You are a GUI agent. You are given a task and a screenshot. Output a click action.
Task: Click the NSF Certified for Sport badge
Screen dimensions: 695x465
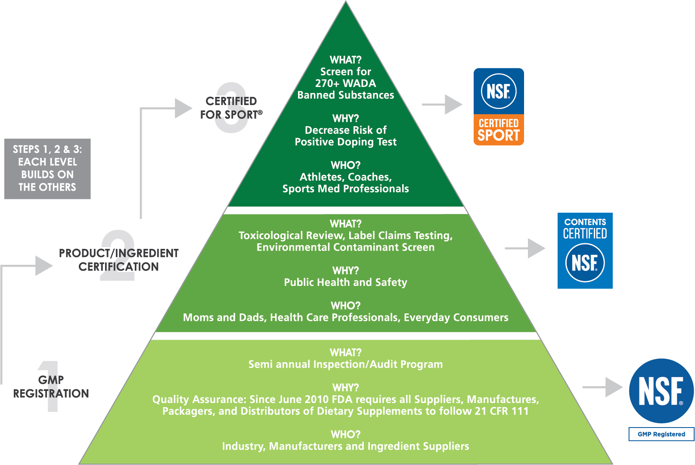(499, 107)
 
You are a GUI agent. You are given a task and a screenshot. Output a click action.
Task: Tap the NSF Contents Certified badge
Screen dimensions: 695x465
(585, 251)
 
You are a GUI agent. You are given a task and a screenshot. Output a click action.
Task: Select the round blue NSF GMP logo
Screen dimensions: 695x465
(661, 391)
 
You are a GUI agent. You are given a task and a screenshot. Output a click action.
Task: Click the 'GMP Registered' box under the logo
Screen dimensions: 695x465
(661, 434)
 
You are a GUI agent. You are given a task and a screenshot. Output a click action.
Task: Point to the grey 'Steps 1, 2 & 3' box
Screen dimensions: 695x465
(47, 169)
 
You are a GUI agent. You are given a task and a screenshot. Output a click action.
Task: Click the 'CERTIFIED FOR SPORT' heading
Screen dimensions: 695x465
(231, 108)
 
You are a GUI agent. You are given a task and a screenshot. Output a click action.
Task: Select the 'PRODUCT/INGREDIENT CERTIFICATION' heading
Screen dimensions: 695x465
(118, 260)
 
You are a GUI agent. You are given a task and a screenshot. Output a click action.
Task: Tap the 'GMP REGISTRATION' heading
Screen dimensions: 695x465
(51, 387)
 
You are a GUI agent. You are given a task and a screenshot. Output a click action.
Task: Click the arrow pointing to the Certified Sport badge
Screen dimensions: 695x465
(442, 105)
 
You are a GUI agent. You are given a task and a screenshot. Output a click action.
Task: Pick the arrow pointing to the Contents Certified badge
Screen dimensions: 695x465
(525, 248)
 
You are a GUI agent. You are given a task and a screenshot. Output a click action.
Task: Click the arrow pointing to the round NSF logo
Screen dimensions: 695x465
(602, 387)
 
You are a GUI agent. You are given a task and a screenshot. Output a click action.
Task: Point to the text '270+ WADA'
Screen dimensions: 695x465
(346, 84)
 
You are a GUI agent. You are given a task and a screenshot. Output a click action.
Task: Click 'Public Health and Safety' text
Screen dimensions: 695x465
(346, 282)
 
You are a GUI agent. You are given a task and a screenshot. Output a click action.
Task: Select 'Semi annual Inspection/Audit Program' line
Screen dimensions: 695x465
(346, 364)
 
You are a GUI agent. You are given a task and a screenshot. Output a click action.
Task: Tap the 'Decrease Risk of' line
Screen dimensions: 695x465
(346, 130)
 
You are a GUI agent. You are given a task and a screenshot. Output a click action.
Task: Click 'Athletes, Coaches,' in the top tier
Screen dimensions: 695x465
(346, 177)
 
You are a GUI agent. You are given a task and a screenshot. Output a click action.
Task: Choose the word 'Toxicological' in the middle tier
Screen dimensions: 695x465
(270, 236)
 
